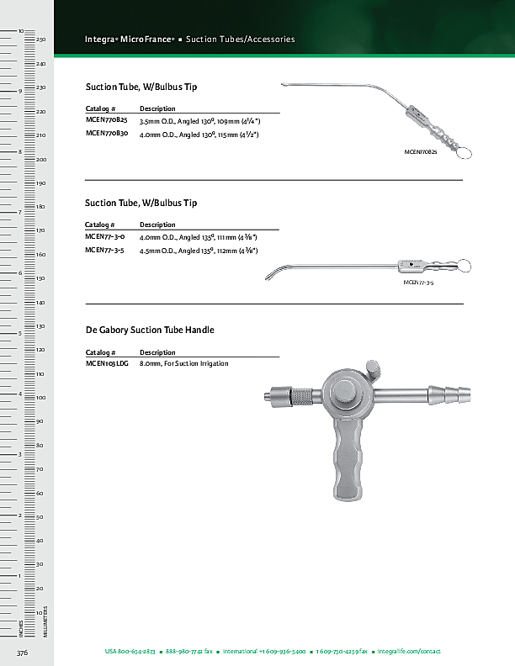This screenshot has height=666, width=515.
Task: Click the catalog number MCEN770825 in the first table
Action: [107, 121]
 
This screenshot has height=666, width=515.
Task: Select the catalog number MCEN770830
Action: [107, 134]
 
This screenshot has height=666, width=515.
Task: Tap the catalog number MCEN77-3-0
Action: [105, 237]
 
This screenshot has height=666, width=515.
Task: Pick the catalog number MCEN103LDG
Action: [107, 363]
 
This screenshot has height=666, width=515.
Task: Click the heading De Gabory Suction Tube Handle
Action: [150, 330]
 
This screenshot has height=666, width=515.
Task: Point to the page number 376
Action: [24, 652]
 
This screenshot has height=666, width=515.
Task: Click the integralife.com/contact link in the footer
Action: [409, 652]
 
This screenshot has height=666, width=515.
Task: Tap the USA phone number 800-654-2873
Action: [130, 652]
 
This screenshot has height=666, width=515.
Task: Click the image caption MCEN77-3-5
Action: [418, 283]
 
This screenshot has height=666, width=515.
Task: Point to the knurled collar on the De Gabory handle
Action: [303, 394]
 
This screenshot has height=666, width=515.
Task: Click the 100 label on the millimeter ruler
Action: [40, 397]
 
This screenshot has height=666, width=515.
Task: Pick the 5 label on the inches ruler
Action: [19, 333]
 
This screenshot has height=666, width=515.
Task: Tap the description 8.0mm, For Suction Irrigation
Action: [183, 363]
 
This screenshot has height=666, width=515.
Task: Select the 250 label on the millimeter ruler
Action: [40, 40]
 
